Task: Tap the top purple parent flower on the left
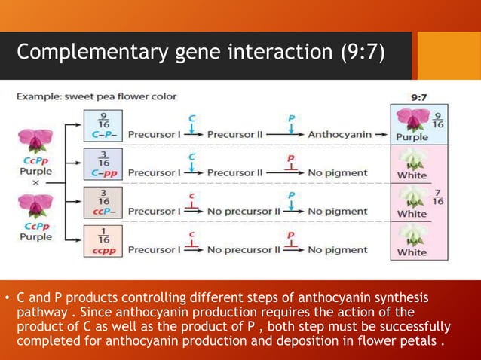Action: tap(35, 142)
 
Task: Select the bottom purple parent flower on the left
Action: tap(35, 205)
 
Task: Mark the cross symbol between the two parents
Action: tap(35, 182)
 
